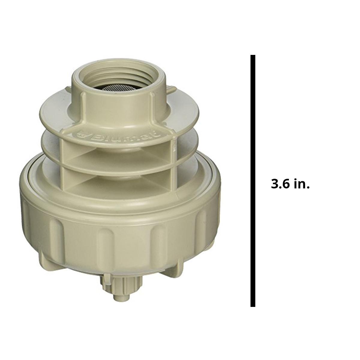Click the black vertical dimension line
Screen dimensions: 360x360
click(253, 180)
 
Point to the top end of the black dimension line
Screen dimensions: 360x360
click(253, 56)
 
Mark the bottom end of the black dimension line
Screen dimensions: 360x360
click(253, 305)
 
